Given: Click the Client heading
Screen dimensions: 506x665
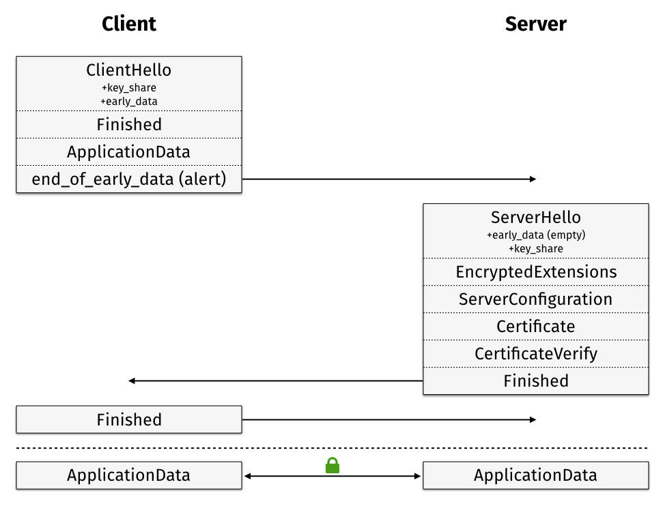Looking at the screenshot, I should (x=129, y=24).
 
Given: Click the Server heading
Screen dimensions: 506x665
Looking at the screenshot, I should (x=535, y=24).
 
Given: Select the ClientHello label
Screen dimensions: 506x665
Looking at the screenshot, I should (x=129, y=70).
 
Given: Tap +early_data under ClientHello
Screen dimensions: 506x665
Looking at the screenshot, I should (x=129, y=102).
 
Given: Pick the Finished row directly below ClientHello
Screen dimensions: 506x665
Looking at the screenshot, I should (x=129, y=125).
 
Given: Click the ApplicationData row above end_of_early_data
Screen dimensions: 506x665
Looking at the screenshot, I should (x=129, y=152).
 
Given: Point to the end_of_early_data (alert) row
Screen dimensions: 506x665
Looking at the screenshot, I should (x=129, y=179).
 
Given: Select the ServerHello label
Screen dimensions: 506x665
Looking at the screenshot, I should (x=535, y=218).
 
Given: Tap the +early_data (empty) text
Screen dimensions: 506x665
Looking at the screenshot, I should (x=535, y=235).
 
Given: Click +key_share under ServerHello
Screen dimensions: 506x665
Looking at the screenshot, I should (x=535, y=249).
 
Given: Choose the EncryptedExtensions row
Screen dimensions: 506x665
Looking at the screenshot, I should (x=535, y=272).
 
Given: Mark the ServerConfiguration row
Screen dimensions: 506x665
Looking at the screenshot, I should (x=535, y=299).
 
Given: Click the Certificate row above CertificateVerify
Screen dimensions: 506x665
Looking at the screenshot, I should (x=535, y=327).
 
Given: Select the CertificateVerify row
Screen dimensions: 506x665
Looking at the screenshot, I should (x=535, y=354).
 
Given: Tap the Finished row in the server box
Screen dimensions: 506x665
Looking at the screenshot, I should (x=535, y=381).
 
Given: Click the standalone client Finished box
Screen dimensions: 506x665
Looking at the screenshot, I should (x=129, y=420).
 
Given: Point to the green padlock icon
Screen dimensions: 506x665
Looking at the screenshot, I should (x=332, y=466).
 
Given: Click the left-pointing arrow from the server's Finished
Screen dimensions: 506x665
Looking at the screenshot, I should (x=273, y=381).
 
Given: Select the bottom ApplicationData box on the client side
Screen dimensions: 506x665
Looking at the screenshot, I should (x=129, y=475).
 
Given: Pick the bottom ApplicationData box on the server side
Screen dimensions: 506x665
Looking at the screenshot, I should (x=535, y=475).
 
